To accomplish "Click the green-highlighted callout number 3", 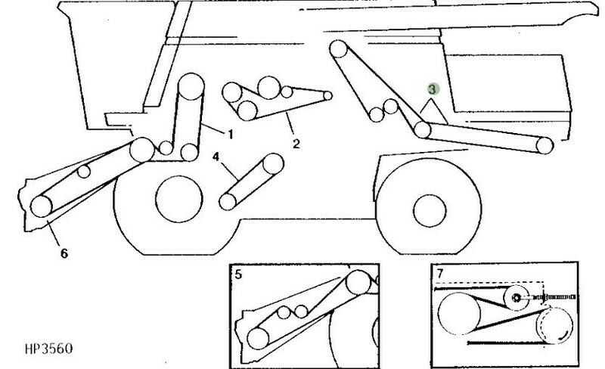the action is point(433,89).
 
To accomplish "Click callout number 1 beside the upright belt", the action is point(231,135).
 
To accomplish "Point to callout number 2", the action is point(296,144).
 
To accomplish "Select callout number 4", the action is point(216,157).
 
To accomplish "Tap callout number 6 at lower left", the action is point(64,253).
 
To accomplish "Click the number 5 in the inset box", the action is point(238,274).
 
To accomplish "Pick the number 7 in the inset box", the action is point(440,273).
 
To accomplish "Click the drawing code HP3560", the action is point(48,349).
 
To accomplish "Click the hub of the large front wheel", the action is point(179,199).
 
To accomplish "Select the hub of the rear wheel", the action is point(430,211).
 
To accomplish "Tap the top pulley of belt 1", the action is point(191,86).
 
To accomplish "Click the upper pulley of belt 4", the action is point(273,163).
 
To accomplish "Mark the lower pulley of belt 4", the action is point(228,201).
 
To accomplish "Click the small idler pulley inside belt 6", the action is point(84,171).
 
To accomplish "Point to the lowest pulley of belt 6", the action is point(42,206).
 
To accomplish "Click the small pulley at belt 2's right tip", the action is point(327,95).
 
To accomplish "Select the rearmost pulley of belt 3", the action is point(544,145).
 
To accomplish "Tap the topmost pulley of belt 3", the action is point(338,49).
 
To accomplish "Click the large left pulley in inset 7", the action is point(459,313).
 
